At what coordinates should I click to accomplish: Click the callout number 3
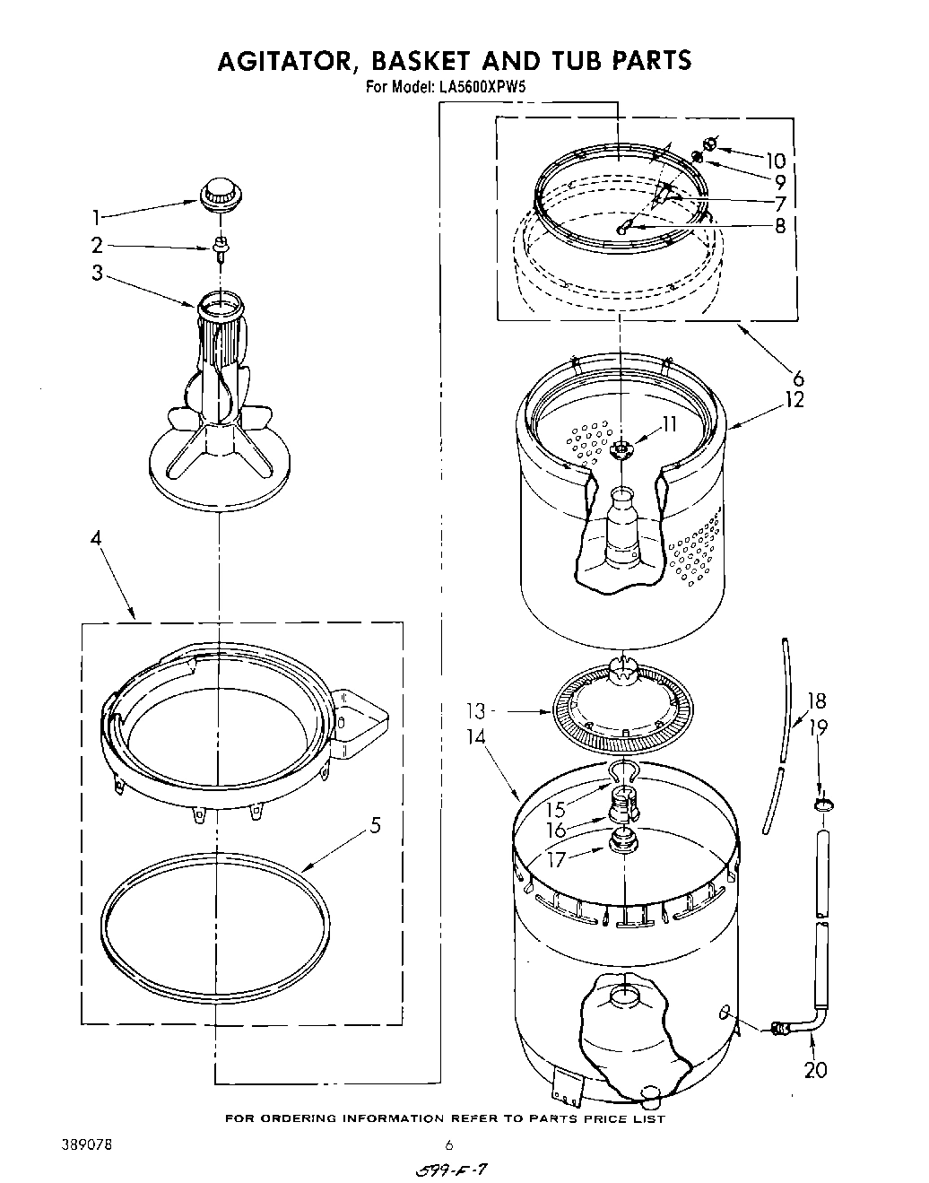97,274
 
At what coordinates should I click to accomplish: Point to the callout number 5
375,823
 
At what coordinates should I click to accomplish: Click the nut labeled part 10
709,143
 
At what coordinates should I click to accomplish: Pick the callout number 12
794,399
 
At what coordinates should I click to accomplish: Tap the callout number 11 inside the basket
669,424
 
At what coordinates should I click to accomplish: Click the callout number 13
476,711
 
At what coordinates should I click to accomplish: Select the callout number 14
476,737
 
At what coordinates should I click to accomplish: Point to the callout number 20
815,1069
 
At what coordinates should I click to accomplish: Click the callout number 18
816,701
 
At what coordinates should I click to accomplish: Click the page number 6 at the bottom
451,1144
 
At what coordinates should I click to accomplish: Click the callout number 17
556,859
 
